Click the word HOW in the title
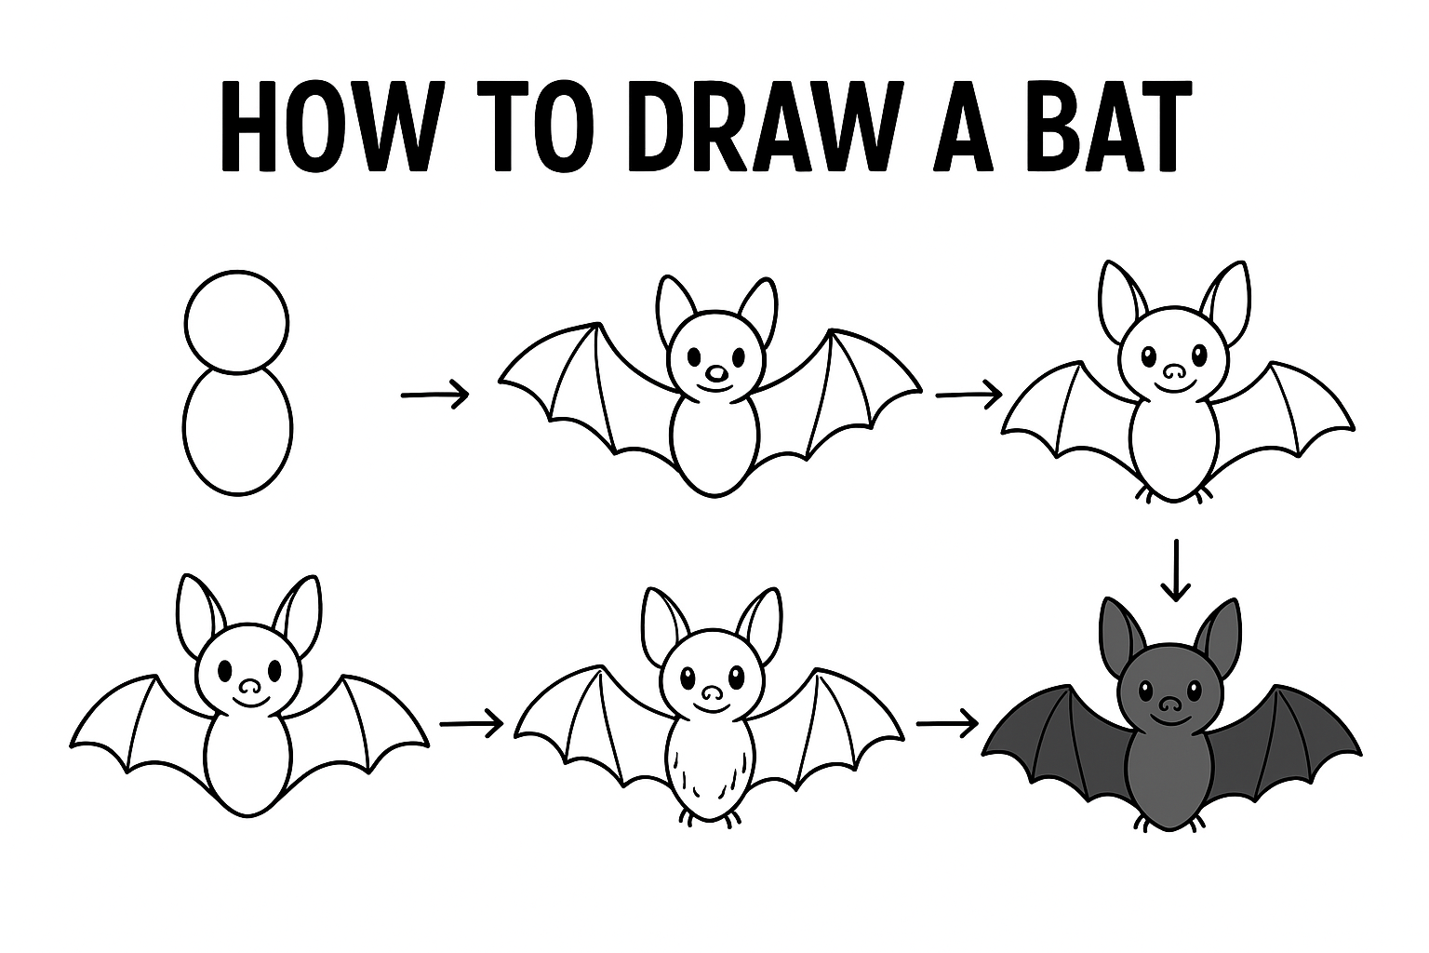[x=325, y=126]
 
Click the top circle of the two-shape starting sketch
[x=236, y=321]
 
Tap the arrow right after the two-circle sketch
[x=435, y=396]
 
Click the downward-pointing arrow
[x=1175, y=570]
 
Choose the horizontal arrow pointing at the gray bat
[x=947, y=723]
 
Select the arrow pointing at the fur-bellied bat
[x=472, y=724]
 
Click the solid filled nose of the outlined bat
[x=717, y=374]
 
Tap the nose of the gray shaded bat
[x=1169, y=704]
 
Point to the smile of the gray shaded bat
[x=1169, y=720]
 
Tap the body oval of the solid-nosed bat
[x=715, y=442]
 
